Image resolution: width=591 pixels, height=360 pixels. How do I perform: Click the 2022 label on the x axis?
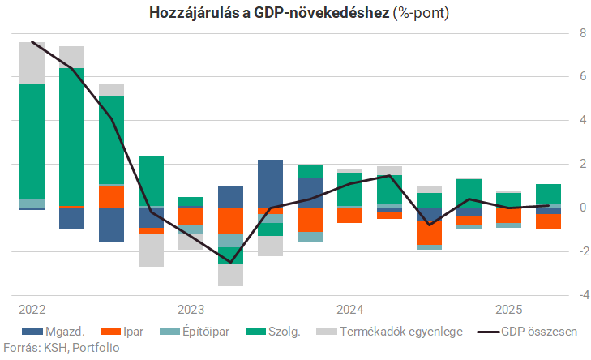tap(32, 310)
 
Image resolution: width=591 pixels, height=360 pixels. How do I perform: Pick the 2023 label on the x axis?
tap(191, 310)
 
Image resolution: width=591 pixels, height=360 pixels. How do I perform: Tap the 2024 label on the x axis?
tap(349, 310)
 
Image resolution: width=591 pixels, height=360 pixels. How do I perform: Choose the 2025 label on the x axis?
tap(508, 310)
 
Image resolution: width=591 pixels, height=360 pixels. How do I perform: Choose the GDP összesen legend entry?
tap(527, 331)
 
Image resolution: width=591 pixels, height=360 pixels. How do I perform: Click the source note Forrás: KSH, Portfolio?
tap(61, 348)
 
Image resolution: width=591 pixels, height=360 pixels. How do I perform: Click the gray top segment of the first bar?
tap(32, 62)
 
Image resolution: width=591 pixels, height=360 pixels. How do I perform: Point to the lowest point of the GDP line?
tap(230, 263)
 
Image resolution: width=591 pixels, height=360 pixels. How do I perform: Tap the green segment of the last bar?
tap(548, 194)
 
